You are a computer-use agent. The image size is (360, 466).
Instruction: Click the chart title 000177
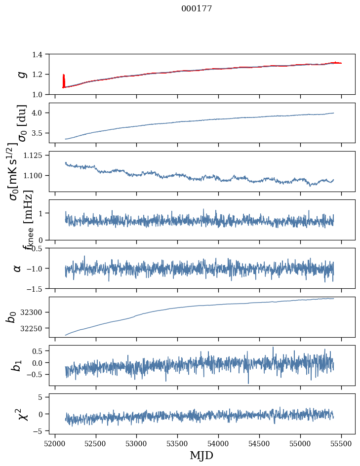pyautogui.click(x=197, y=9)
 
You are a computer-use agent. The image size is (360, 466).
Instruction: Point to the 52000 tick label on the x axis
pyautogui.click(x=55, y=443)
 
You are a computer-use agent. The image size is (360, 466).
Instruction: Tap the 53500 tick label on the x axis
pyautogui.click(x=178, y=443)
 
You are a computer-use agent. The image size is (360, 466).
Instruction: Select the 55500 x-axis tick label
pyautogui.click(x=342, y=443)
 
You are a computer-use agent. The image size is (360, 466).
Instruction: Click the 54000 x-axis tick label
pyautogui.click(x=219, y=443)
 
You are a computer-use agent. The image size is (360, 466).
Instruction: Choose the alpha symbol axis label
pyautogui.click(x=17, y=268)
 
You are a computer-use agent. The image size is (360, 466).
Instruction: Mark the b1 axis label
pyautogui.click(x=17, y=365)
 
